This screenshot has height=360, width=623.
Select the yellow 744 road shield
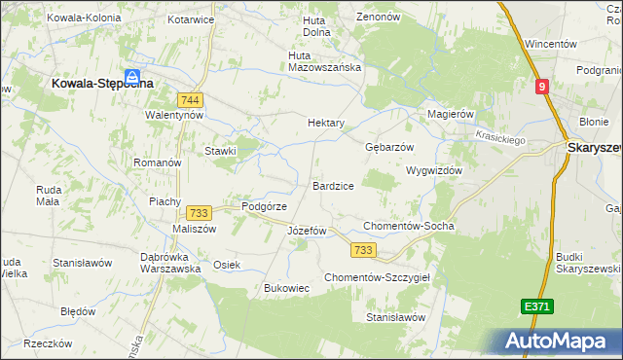pyautogui.click(x=190, y=99)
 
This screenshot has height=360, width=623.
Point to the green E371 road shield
pyautogui.click(x=536, y=306)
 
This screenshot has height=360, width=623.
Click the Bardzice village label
pyautogui.click(x=333, y=185)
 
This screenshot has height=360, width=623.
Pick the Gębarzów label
pyautogui.click(x=389, y=147)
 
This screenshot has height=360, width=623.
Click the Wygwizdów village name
pyautogui.click(x=433, y=169)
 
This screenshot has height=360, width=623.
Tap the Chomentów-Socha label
pyautogui.click(x=408, y=226)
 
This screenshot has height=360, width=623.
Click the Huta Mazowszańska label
pyautogui.click(x=325, y=61)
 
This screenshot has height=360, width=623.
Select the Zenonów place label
pyautogui.click(x=379, y=17)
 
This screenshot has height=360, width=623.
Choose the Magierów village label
pyautogui.click(x=450, y=114)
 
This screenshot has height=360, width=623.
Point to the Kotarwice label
pyautogui.click(x=190, y=18)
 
